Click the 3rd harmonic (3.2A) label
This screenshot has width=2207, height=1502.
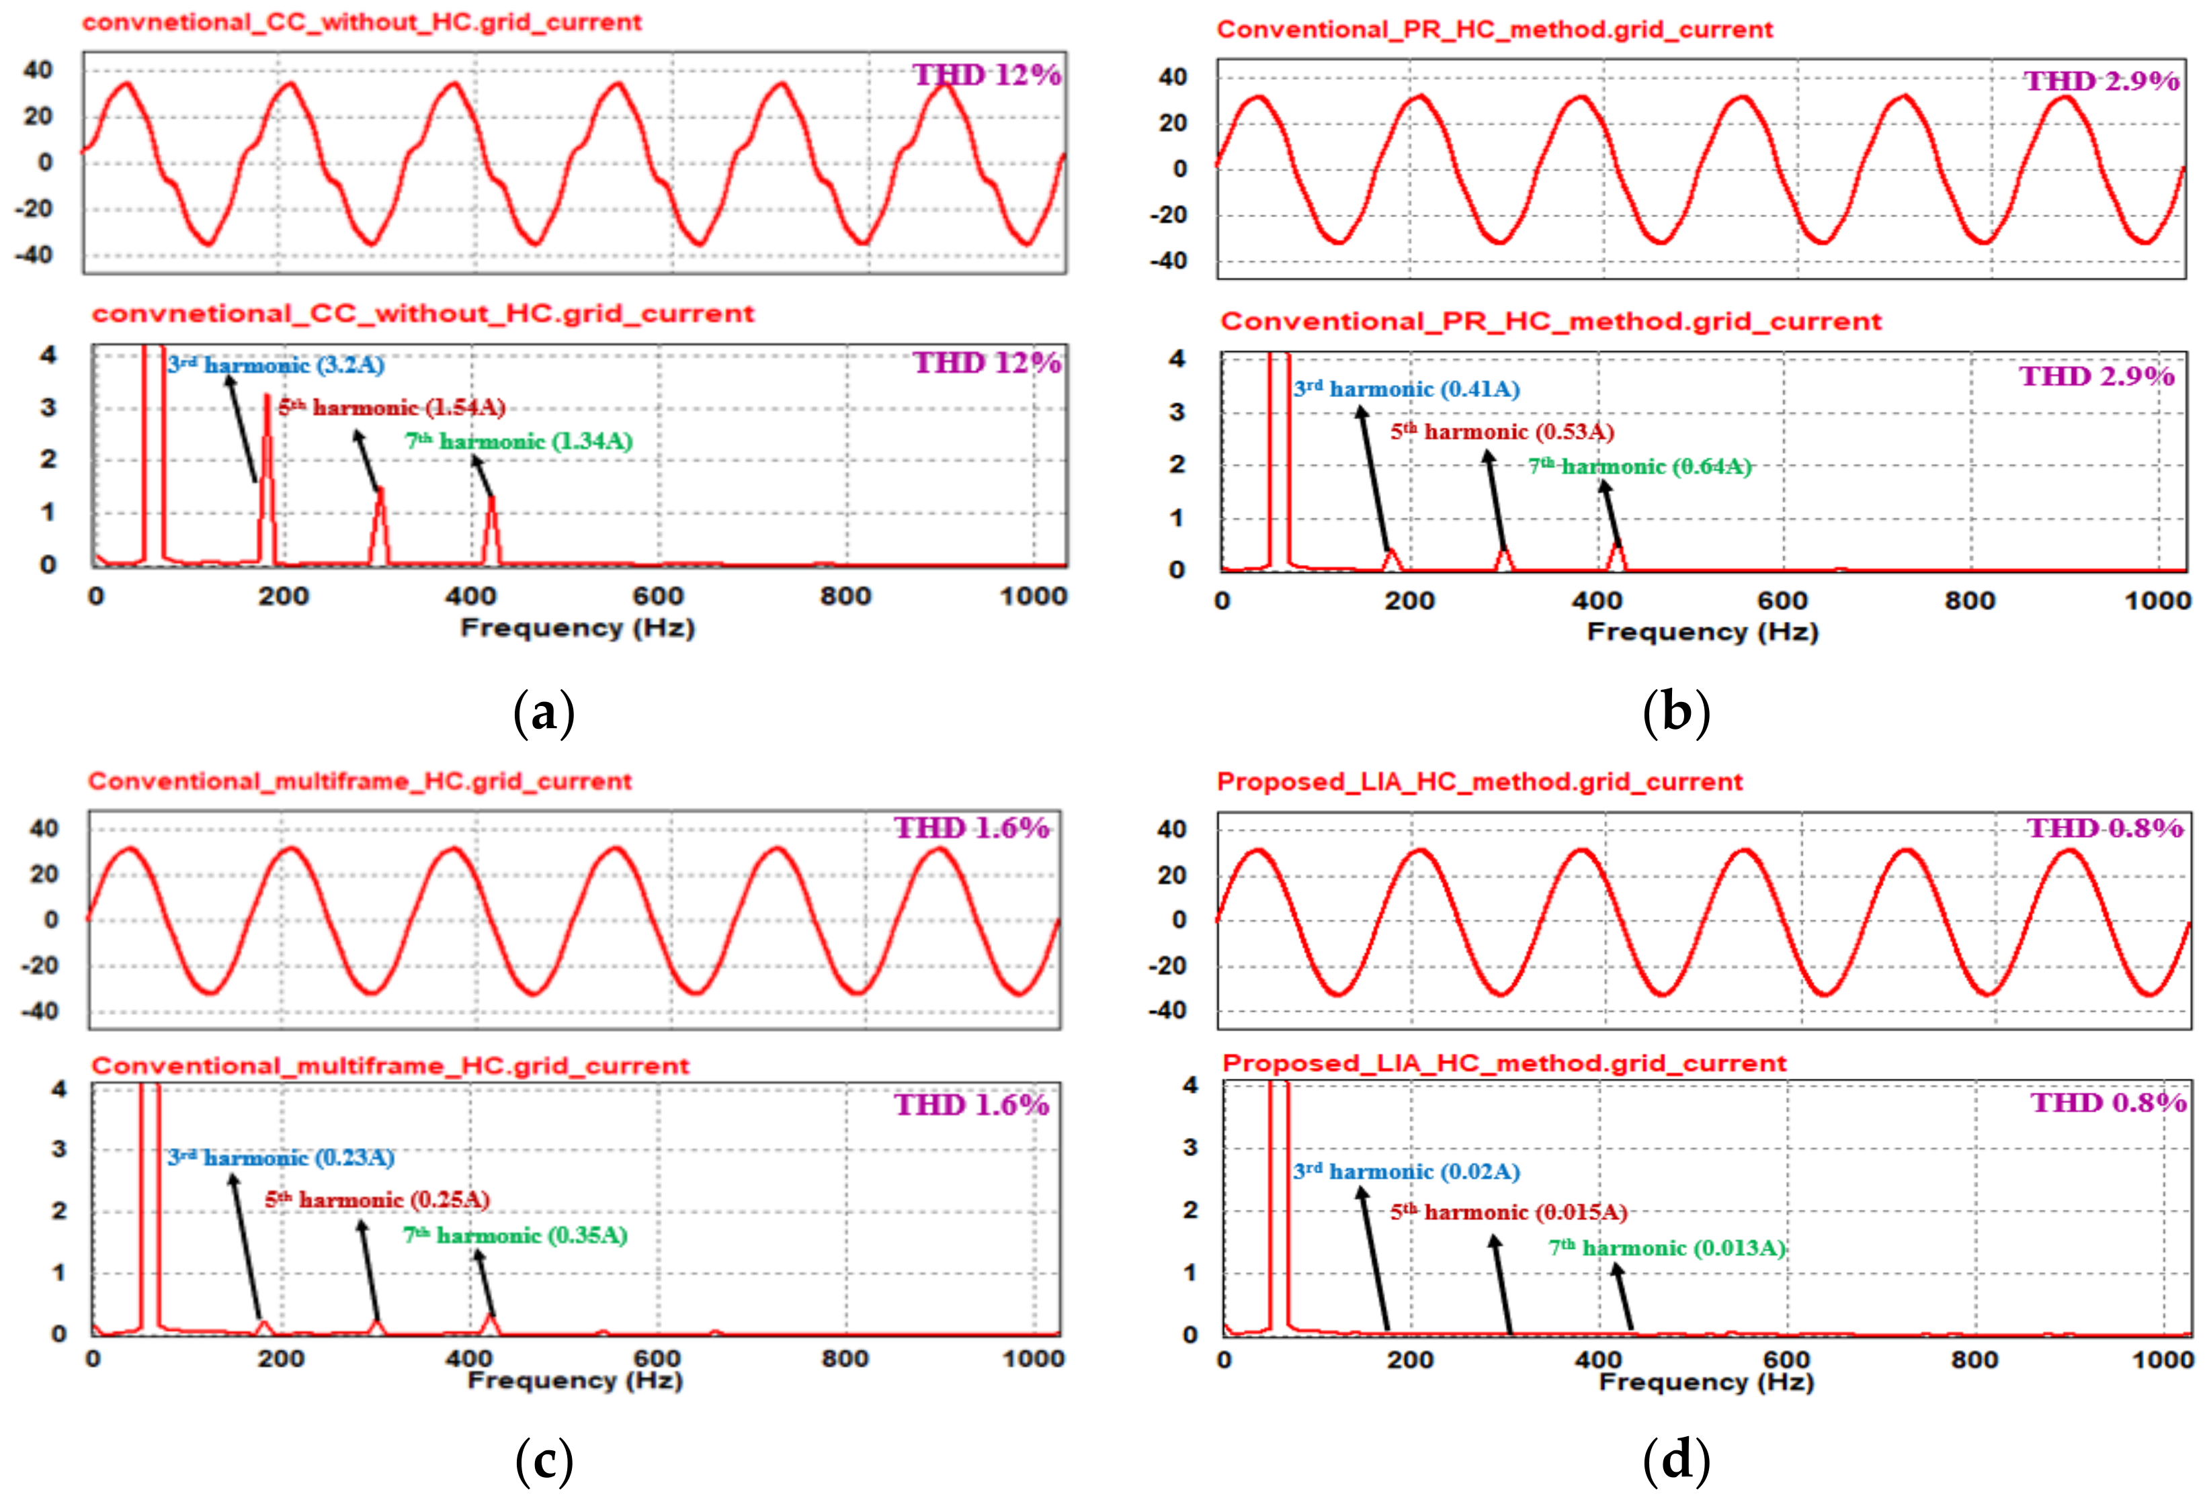click(x=276, y=365)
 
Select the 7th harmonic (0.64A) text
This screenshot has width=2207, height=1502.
click(x=1639, y=467)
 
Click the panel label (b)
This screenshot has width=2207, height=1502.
click(x=1675, y=712)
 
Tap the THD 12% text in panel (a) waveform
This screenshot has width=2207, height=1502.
click(x=987, y=75)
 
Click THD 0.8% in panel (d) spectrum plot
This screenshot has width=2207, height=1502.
click(x=2108, y=1103)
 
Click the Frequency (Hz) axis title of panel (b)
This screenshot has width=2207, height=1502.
click(x=1702, y=632)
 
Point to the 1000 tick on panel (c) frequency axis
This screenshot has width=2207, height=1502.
click(x=1033, y=1359)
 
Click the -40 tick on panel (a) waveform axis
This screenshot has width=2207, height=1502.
click(x=36, y=255)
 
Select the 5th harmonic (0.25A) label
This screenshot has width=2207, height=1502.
click(x=377, y=1200)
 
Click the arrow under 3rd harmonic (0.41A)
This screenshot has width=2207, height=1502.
click(x=1377, y=480)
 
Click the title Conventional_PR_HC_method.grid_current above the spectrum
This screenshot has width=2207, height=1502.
click(x=1551, y=322)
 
